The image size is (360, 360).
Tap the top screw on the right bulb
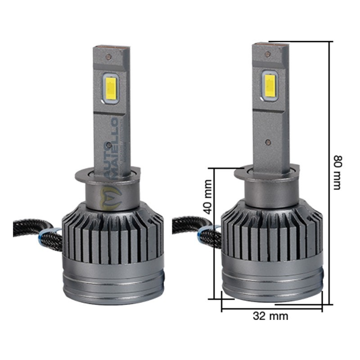[x=267, y=54]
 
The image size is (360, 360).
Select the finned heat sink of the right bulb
[x=272, y=236]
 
